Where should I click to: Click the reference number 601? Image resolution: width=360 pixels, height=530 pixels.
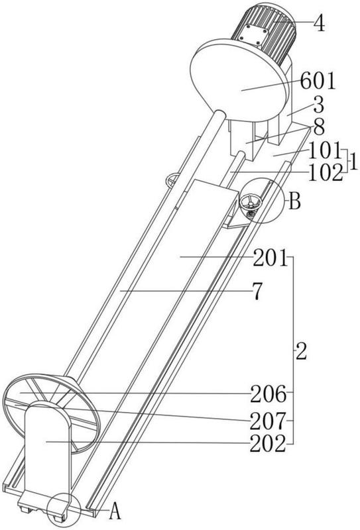(x=318, y=81)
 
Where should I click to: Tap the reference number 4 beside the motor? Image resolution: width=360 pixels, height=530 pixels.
(x=319, y=23)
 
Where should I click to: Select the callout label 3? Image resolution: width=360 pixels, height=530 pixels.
(x=318, y=105)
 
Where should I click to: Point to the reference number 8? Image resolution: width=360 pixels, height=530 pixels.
(x=319, y=128)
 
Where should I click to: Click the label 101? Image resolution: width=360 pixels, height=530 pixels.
(x=324, y=150)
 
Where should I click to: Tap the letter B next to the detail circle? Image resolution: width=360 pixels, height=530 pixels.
(x=294, y=202)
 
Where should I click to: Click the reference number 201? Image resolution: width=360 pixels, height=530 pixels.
(x=270, y=258)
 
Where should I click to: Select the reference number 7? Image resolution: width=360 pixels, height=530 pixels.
(x=257, y=291)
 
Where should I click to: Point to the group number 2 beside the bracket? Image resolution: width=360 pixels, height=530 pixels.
(x=301, y=352)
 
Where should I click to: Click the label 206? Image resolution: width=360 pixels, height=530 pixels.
(x=268, y=394)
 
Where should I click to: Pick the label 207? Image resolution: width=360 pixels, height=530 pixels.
(x=268, y=421)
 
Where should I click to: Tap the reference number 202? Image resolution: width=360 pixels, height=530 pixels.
(x=268, y=444)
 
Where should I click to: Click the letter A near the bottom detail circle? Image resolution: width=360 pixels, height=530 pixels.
(x=115, y=512)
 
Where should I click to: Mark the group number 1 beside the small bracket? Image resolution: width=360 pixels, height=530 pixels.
(x=353, y=162)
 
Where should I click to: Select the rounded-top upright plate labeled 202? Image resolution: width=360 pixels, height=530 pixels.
(x=47, y=453)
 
